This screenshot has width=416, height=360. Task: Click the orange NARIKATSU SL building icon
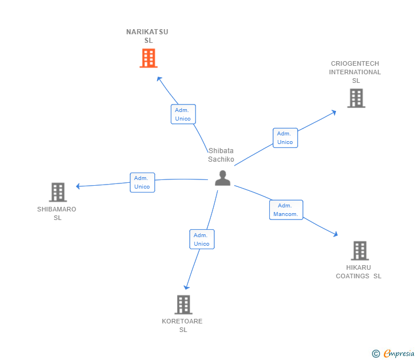coord(148,58)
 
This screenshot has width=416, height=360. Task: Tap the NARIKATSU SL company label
coord(147,36)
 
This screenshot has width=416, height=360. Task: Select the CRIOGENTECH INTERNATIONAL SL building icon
coord(356,98)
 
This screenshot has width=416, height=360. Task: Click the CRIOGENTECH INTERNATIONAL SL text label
coord(355,72)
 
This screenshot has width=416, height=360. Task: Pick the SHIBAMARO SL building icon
coord(58,193)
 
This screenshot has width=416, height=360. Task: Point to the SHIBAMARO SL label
coord(57,213)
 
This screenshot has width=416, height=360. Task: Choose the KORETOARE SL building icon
coord(183,305)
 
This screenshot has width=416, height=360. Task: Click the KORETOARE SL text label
coord(182,325)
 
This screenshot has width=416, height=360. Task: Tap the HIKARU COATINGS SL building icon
coord(359,250)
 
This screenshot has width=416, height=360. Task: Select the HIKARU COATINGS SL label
coord(358,272)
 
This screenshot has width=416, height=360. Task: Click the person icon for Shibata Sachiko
coord(222,178)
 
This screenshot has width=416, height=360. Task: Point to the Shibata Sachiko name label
coord(221,155)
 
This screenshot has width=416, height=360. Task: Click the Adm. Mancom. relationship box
coord(286,210)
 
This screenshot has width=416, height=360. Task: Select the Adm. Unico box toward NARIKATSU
coord(183,114)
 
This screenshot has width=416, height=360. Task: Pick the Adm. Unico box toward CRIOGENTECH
coord(285,138)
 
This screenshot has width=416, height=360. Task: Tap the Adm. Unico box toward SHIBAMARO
coord(142,182)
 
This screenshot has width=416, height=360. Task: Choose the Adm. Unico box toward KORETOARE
coord(202,239)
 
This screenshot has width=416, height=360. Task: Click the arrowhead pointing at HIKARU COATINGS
coord(335,234)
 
